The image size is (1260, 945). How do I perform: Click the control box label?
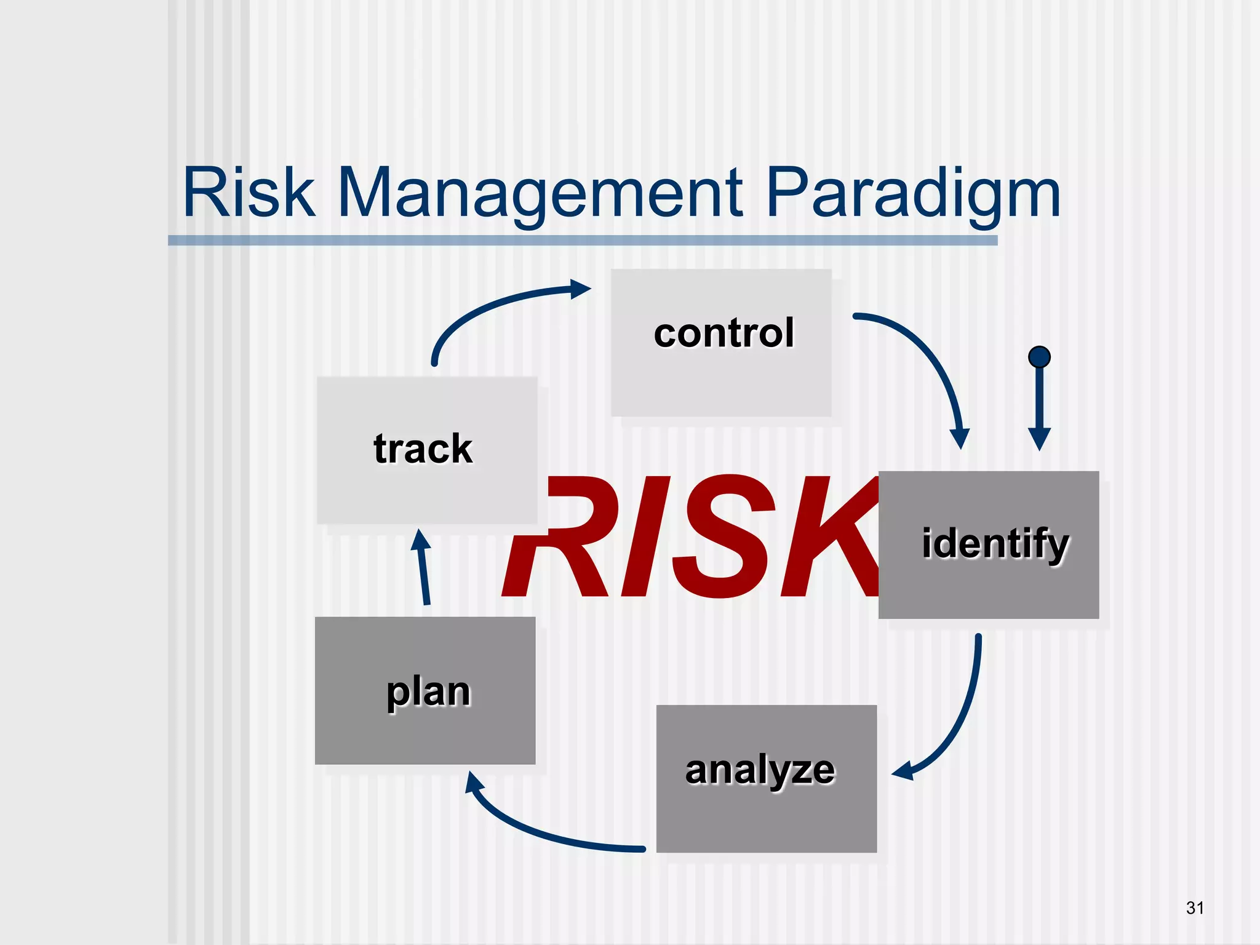(x=724, y=333)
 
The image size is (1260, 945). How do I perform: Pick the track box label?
(x=423, y=449)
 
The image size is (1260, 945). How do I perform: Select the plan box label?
(x=428, y=692)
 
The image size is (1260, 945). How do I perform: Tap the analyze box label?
(x=760, y=770)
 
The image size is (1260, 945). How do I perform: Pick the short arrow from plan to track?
(x=423, y=569)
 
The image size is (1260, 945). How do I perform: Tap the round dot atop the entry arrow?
(x=1039, y=357)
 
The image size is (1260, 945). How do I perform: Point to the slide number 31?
(x=1195, y=907)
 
